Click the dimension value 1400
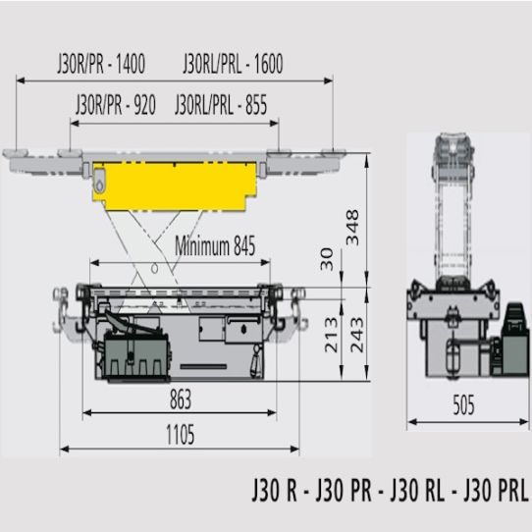point(131,64)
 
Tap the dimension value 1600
point(268,64)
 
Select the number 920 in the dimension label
point(144,105)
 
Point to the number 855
point(256,105)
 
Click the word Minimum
point(202,245)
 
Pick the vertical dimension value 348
point(352,228)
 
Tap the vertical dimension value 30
point(327,259)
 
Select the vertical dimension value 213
point(332,335)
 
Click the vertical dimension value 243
point(356,335)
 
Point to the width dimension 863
point(181,399)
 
